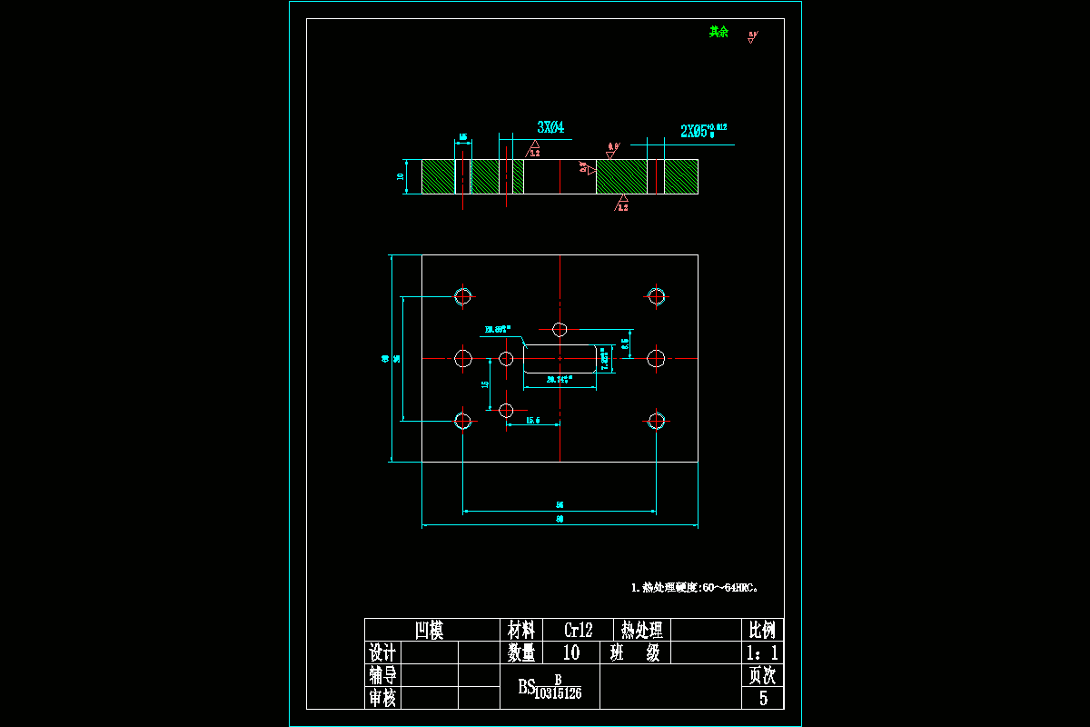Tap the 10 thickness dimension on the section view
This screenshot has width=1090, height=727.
[400, 176]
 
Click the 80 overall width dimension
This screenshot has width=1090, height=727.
[560, 519]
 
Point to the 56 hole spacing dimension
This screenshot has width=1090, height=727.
[560, 504]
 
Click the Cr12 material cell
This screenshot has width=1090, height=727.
[579, 630]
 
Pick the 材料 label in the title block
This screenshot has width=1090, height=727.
[520, 630]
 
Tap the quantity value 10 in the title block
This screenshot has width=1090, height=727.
[571, 652]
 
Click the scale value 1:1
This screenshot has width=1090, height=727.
[760, 652]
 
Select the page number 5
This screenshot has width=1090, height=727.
[763, 698]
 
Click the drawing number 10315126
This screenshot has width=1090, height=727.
[558, 693]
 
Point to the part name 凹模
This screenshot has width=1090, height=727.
[429, 630]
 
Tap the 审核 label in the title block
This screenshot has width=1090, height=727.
[381, 698]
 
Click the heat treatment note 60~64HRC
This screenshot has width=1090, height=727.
[695, 587]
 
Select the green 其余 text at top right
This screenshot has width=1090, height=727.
[718, 32]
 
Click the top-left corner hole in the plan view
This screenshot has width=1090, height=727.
[463, 295]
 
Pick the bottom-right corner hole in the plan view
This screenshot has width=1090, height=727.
[656, 420]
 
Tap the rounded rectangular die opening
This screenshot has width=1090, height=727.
[560, 358]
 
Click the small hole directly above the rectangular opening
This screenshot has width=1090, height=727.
[560, 328]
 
